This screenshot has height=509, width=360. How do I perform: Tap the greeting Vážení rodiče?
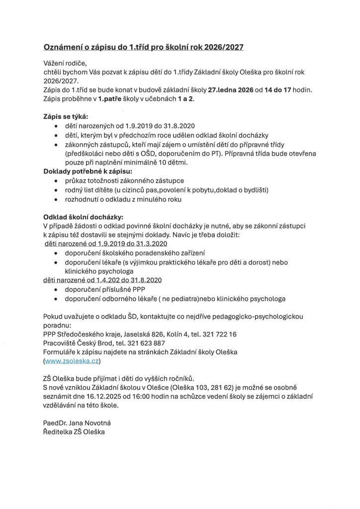(x=65, y=63)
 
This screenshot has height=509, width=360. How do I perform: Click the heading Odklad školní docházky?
(x=83, y=217)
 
